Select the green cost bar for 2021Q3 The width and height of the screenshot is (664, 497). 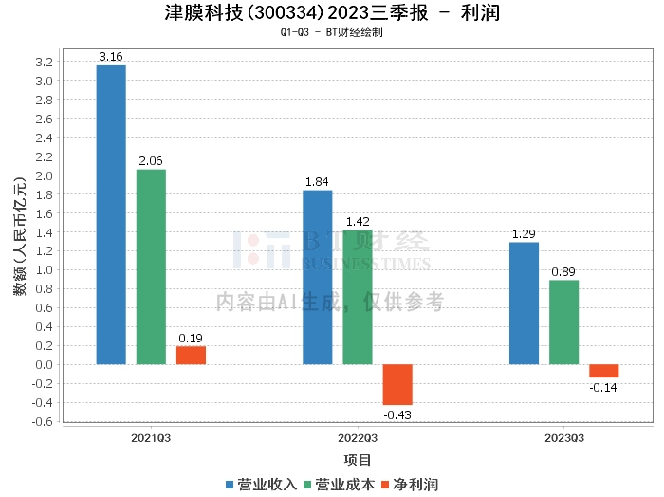click(151, 267)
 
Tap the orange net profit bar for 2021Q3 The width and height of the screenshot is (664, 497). click(191, 356)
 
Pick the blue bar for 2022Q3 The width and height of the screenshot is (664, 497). click(317, 277)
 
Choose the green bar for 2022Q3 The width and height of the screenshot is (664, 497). click(358, 297)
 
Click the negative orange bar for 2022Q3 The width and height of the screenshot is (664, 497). click(397, 384)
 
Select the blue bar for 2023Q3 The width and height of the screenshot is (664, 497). click(524, 304)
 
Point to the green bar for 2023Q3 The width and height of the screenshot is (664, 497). click(563, 322)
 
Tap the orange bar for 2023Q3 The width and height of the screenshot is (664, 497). click(603, 371)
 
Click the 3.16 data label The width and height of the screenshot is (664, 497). click(111, 57)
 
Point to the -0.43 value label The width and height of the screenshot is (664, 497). click(397, 414)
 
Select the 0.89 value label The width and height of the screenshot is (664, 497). click(563, 272)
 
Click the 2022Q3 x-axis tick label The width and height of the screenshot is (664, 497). click(358, 438)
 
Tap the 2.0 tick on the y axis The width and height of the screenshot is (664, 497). click(42, 175)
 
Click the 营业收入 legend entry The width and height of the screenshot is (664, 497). click(261, 485)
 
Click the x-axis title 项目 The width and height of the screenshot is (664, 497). click(358, 461)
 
